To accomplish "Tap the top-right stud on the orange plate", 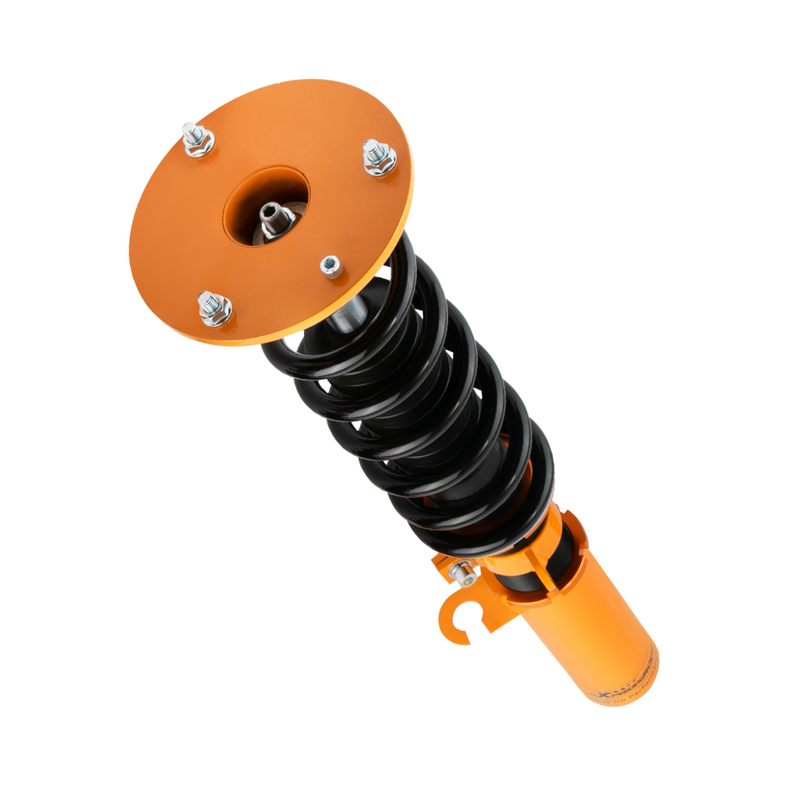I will coord(380,157).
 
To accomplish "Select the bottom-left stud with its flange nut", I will coord(213,308).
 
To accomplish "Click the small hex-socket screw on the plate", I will coord(332,266).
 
